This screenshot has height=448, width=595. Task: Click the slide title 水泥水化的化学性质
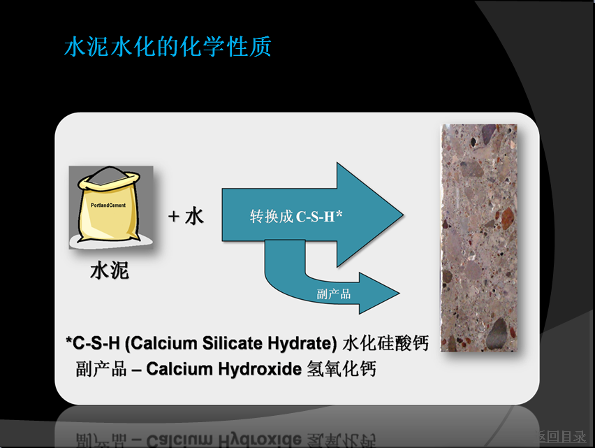[x=168, y=47]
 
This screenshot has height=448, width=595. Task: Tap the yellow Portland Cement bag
[x=108, y=207]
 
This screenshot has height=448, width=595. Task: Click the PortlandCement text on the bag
[x=108, y=205]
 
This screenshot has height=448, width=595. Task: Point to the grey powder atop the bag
[x=108, y=175]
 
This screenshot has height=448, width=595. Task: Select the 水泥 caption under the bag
[x=110, y=270]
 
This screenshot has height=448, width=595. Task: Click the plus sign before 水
[x=173, y=217]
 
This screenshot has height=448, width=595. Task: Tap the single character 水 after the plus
[x=194, y=217]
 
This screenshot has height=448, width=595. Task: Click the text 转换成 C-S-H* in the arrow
[x=296, y=217]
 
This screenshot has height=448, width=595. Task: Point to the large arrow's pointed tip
[x=402, y=215]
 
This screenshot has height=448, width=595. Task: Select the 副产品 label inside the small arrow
[x=334, y=294]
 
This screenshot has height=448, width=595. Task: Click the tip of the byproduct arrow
[x=399, y=293]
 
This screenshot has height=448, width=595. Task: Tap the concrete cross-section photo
[x=479, y=238]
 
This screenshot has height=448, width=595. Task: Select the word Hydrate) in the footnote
[x=302, y=344]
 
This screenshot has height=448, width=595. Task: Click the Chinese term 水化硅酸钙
[x=385, y=344]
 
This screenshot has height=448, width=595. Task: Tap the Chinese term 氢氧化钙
[x=341, y=368]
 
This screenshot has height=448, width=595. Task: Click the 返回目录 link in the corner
[x=561, y=437]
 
